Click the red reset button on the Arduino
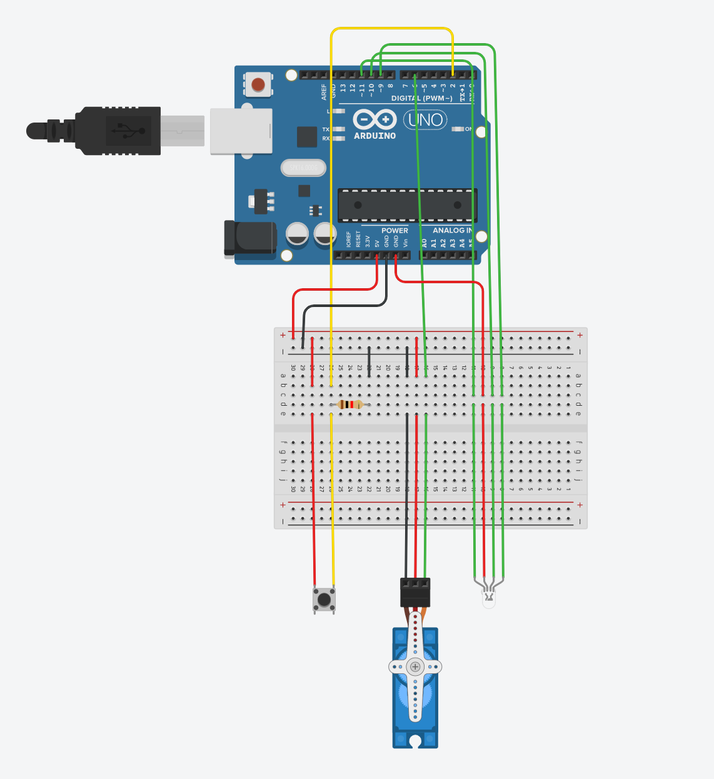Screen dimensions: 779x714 point(258,84)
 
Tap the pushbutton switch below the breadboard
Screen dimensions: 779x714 point(324,600)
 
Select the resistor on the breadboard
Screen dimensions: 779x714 point(350,405)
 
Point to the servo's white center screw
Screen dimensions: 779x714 point(415,666)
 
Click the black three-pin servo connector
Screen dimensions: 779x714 point(415,591)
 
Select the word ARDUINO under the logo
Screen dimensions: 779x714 point(375,136)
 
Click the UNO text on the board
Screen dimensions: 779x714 point(426,119)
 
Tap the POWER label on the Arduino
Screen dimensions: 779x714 point(395,231)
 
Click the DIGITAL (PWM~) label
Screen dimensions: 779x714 point(421,98)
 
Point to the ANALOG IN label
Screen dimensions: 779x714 point(452,231)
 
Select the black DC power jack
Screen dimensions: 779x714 point(250,238)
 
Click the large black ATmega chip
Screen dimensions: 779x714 point(407,205)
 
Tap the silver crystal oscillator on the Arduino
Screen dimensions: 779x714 point(303,168)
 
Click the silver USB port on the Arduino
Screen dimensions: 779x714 point(241,131)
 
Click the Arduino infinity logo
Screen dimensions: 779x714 point(375,119)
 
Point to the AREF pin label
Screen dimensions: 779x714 point(324,91)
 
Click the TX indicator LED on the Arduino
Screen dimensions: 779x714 point(338,129)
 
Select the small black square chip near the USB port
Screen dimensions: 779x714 point(306,137)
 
